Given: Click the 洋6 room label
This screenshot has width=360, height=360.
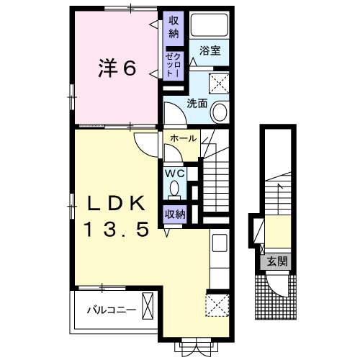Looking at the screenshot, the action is point(117,68).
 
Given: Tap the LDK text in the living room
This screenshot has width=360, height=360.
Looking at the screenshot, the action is point(117,203).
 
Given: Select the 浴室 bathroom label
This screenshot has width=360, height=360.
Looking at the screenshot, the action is point(210,50).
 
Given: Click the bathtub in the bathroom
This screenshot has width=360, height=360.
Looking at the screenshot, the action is point(209,24).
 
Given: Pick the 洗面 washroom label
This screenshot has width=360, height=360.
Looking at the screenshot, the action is point(197,104).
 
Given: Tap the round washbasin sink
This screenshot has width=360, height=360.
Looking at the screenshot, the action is point(219,112).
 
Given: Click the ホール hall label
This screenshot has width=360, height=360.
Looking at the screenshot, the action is point(184,138).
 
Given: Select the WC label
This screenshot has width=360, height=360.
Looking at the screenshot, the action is point(175,173).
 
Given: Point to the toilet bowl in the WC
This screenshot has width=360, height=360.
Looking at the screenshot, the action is point(175,188).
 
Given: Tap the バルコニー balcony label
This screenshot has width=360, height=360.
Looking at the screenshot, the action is point(112,310).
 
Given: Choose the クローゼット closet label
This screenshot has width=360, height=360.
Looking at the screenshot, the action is point(174,65).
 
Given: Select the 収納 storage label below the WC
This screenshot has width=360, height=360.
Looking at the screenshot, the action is point(175,214).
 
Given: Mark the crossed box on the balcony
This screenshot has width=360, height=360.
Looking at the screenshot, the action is point(148,306).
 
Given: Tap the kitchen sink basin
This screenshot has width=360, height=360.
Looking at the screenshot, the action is point(220,243).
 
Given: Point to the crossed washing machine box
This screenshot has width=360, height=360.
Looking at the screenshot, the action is point(219,84).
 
